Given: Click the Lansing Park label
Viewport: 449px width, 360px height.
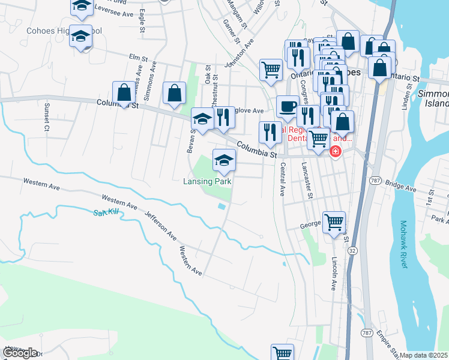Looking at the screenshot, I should (x=208, y=181).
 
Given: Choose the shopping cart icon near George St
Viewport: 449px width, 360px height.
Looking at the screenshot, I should (x=334, y=222).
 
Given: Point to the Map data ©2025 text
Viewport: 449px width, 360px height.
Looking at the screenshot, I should (x=424, y=355).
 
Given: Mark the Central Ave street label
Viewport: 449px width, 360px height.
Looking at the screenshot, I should (x=281, y=181).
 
